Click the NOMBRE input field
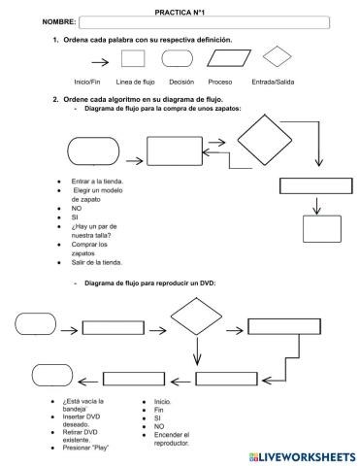(205, 22)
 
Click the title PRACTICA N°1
(180, 13)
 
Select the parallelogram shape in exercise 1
(229, 58)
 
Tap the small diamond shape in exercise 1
(277, 56)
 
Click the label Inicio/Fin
(87, 82)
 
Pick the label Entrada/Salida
(273, 82)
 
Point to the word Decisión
(181, 82)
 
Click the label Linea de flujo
(135, 82)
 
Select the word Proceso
(220, 82)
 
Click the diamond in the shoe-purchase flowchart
(265, 140)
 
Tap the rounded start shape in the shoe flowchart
(93, 151)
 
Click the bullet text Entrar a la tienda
(97, 182)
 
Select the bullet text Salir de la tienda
(97, 262)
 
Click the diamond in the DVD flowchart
(196, 316)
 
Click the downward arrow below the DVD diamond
(197, 351)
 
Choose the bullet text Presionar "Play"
(85, 448)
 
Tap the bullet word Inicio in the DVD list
(163, 402)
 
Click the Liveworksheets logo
(303, 457)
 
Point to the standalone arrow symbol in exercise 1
(100, 62)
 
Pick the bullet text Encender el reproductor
(172, 439)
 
